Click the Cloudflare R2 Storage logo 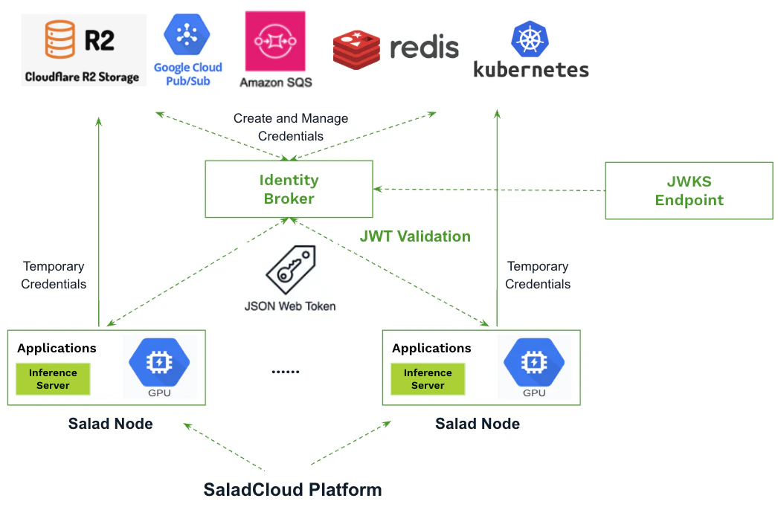click(81, 49)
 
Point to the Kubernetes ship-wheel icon click(530, 39)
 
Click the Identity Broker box click(289, 190)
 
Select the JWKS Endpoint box click(689, 190)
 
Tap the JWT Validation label click(415, 236)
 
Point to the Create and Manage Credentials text click(291, 127)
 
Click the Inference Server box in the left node click(53, 379)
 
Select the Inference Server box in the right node click(428, 379)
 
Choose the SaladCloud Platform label click(292, 490)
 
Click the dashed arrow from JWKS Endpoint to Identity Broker click(491, 190)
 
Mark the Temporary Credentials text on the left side click(54, 275)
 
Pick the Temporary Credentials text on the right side click(538, 275)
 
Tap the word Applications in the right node click(431, 348)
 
